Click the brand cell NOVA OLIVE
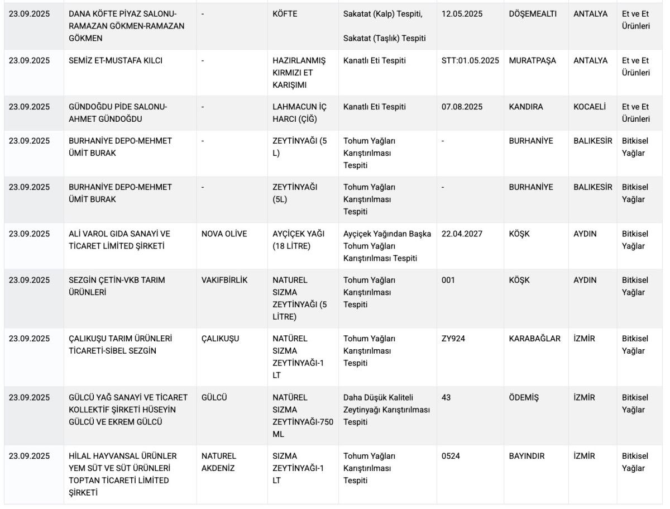point(224,234)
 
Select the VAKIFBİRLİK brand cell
point(224,280)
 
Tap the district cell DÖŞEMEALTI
point(532,14)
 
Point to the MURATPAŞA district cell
point(532,60)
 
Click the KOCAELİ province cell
point(589,107)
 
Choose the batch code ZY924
point(453,339)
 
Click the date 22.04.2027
point(462,234)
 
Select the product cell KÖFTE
point(285,14)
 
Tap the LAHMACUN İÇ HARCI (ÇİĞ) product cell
point(299,113)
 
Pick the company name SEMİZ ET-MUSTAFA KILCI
point(116,60)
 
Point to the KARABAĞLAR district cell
point(534,339)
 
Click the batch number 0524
point(451,456)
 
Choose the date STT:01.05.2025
point(470,60)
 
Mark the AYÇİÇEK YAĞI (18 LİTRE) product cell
point(298,240)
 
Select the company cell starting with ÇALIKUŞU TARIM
point(120,345)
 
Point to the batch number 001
point(448,280)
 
